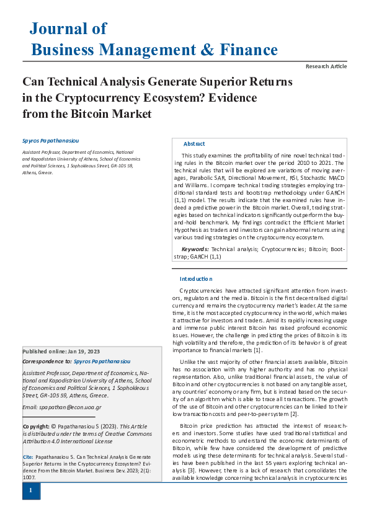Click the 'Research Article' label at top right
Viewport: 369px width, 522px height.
point(326,66)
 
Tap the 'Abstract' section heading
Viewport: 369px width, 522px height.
point(194,144)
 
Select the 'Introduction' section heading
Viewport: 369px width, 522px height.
point(196,279)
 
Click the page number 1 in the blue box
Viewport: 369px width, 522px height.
point(30,491)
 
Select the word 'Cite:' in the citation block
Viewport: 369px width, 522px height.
point(28,456)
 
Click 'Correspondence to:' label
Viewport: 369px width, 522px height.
point(47,360)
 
